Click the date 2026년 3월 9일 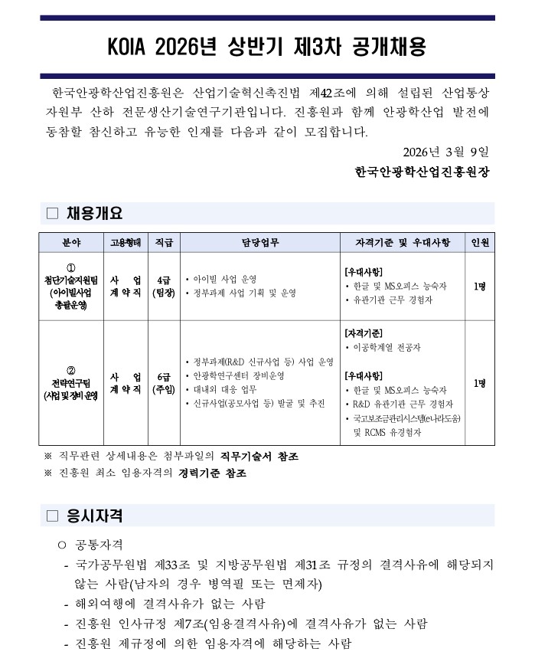(x=446, y=151)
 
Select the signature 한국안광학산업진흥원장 (x=421, y=172)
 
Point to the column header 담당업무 (x=260, y=243)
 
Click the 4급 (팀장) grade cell (x=164, y=286)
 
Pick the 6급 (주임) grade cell (x=164, y=383)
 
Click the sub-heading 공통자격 (x=99, y=545)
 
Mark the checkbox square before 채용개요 (x=52, y=214)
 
